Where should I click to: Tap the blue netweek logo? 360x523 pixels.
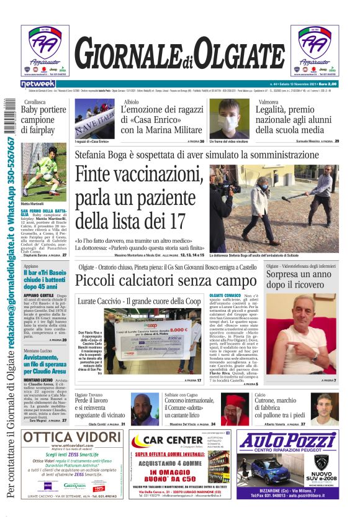pyautogui.click(x=38, y=84)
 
